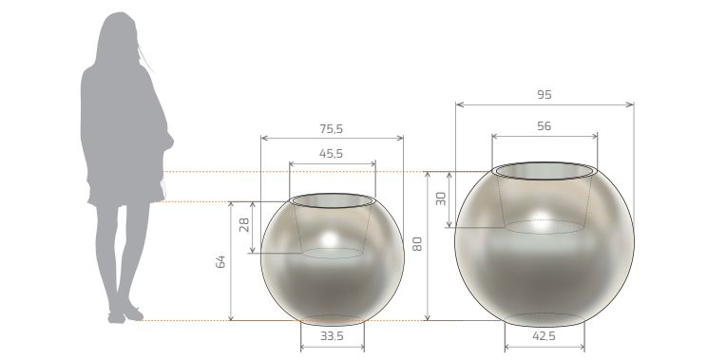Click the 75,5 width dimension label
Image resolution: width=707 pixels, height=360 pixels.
[332, 129]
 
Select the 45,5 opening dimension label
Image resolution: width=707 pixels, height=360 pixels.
[332, 154]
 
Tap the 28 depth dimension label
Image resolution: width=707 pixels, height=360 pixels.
[244, 225]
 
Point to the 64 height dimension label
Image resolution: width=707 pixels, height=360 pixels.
[220, 261]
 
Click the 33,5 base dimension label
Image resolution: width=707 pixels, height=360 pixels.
[333, 336]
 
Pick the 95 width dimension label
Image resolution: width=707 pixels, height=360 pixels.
[545, 95]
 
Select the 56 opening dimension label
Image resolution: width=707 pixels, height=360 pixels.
[545, 126]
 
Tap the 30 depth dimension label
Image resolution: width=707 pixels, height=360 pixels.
[441, 199]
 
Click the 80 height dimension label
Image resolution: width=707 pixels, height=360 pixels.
[417, 244]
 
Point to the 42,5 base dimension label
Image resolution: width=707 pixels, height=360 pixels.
[545, 336]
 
